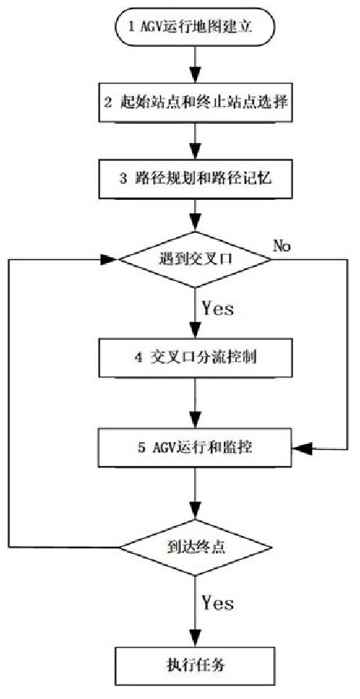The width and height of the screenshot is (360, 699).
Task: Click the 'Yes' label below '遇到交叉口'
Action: pyautogui.click(x=218, y=309)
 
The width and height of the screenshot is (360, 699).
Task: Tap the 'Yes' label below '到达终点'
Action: pyautogui.click(x=218, y=604)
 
